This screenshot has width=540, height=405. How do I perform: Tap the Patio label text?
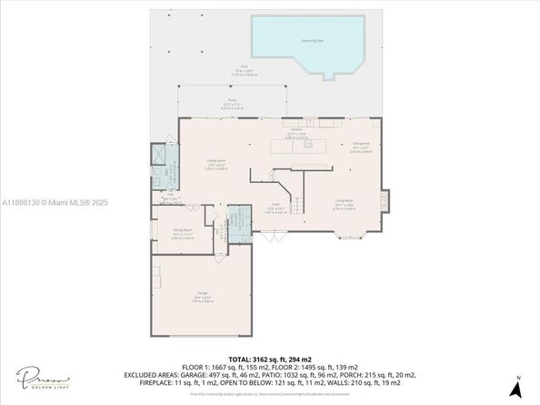click(x=245, y=68)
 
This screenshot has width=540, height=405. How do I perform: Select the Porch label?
click(x=233, y=103)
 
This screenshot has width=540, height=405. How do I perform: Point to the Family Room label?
click(x=216, y=163)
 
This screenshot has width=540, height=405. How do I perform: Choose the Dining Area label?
click(x=359, y=145)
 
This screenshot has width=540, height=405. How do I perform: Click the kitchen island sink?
click(x=300, y=147)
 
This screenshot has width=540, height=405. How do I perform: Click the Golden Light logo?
click(x=35, y=376)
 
